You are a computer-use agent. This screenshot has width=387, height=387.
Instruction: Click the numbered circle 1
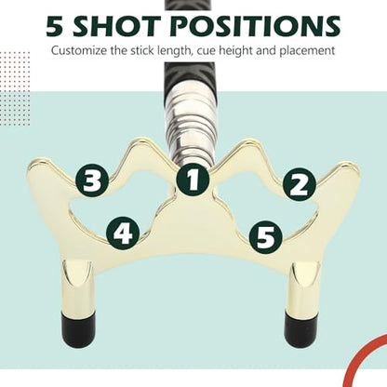tap(193, 180)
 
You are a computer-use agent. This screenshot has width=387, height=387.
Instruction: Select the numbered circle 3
tap(92, 180)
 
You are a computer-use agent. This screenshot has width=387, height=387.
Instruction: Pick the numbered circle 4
tap(123, 233)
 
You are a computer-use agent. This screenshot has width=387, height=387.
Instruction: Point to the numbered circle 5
tap(266, 237)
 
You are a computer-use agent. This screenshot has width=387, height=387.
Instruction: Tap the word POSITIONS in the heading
tap(256, 26)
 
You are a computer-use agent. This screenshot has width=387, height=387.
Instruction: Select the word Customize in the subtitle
tap(79, 50)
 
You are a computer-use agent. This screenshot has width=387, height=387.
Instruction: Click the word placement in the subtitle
tap(307, 50)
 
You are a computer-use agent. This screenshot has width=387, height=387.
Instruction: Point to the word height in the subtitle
tap(236, 51)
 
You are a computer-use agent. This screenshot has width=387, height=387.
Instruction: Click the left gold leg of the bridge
tap(77, 286)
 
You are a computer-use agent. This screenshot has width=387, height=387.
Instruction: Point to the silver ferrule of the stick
tap(190, 127)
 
